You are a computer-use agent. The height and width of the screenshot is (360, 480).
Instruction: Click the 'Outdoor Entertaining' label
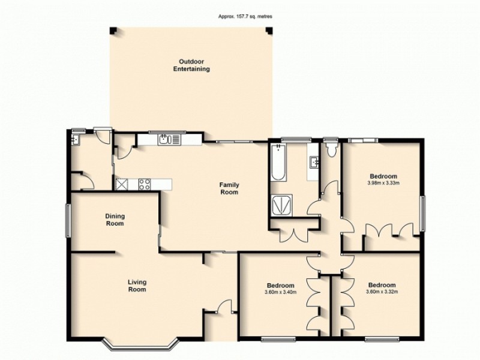(x=191, y=65)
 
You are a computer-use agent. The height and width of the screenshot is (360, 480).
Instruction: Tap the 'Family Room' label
(x=229, y=189)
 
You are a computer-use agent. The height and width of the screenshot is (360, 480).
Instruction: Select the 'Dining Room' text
(x=115, y=220)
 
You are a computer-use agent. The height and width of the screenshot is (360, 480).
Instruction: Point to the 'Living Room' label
(x=137, y=286)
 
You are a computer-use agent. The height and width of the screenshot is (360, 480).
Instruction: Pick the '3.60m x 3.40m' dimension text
(x=280, y=293)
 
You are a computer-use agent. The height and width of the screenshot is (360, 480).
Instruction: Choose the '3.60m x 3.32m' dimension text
(x=382, y=293)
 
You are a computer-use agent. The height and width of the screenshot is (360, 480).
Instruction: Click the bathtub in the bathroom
(x=278, y=163)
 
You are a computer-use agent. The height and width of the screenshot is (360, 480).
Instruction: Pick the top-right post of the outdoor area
(x=269, y=31)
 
